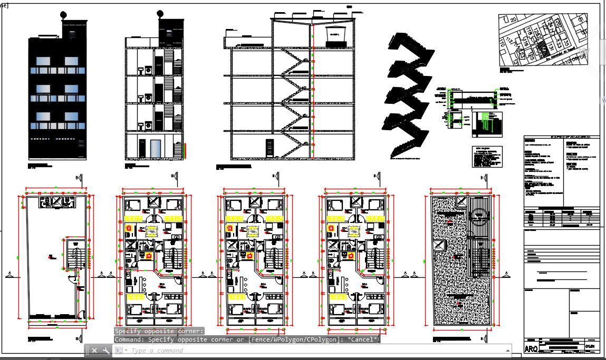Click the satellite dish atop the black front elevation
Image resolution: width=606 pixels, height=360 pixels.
tap(64, 14)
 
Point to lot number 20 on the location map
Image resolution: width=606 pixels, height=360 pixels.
tap(513, 20)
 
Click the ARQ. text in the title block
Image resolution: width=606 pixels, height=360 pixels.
tap(532, 349)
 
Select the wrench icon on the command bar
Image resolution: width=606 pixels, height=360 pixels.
tap(105, 351)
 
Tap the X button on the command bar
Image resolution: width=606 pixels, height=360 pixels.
tap(94, 351)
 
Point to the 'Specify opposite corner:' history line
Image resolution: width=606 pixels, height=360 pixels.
tap(159, 331)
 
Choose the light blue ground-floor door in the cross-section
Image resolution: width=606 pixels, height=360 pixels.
tap(155, 149)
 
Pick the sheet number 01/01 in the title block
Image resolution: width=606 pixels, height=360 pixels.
tap(591, 346)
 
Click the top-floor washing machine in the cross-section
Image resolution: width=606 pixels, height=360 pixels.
tap(148, 70)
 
